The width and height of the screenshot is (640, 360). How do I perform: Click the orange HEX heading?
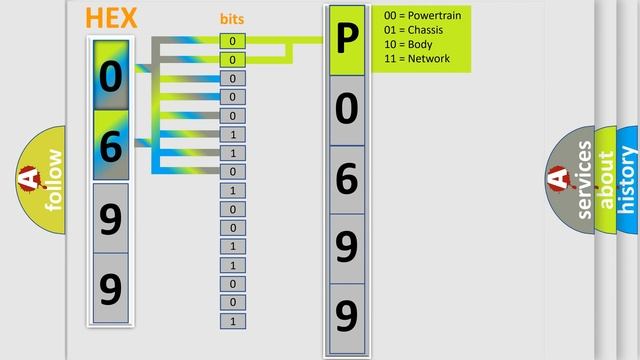click(112, 18)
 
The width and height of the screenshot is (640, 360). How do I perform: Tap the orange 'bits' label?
click(232, 19)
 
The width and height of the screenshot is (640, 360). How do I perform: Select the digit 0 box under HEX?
click(111, 76)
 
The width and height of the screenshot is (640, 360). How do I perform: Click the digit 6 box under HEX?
click(111, 146)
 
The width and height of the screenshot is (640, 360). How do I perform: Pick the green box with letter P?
click(347, 42)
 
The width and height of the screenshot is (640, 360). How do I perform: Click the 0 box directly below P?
click(347, 110)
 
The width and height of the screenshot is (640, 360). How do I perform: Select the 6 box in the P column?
click(347, 179)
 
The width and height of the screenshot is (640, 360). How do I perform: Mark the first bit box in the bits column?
click(232, 41)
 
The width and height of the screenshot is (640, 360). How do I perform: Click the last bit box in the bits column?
click(232, 321)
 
